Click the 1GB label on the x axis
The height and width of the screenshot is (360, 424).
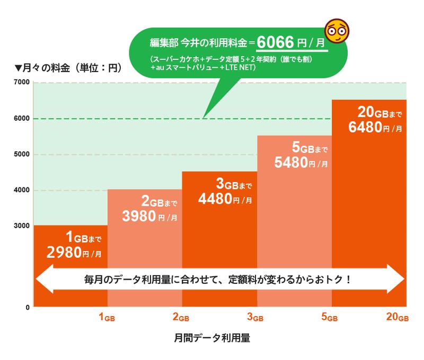tap(107, 318)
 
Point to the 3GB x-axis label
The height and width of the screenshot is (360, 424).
tap(256, 318)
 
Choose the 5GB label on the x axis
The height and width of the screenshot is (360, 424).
tap(330, 318)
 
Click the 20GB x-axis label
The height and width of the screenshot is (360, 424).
tap(397, 318)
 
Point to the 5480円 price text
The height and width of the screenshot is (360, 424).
tap(294, 163)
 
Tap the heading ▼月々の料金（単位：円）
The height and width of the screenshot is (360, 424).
tap(68, 68)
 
